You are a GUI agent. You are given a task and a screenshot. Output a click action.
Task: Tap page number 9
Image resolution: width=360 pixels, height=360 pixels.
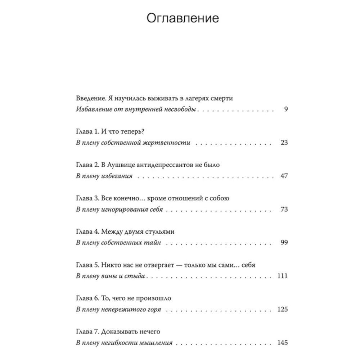[x=285, y=109]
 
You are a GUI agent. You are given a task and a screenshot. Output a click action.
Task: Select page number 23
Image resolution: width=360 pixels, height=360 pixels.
[x=284, y=143]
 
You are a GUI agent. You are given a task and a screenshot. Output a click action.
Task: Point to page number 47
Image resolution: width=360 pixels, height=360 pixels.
[x=284, y=176]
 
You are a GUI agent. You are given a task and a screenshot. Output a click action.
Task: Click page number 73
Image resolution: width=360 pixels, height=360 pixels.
[x=284, y=209]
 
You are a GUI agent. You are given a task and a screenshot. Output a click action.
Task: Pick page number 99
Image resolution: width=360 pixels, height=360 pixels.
[x=284, y=243]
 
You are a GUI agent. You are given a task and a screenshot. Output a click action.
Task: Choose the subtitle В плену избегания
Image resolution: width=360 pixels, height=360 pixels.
[x=104, y=176]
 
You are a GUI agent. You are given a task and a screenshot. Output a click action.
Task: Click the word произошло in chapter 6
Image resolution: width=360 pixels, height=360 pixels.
[x=153, y=298]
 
